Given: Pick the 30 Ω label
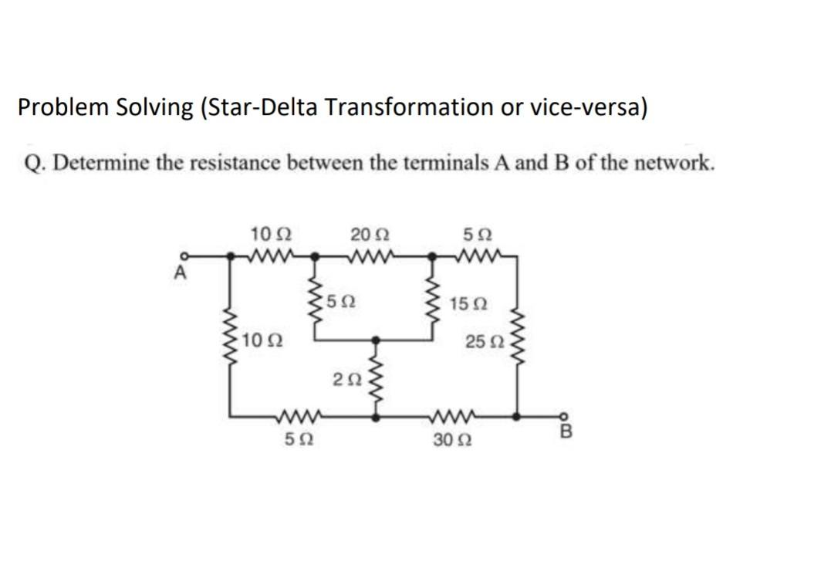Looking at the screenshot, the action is point(450,442).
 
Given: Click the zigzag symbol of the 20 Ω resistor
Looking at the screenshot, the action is point(372,253).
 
